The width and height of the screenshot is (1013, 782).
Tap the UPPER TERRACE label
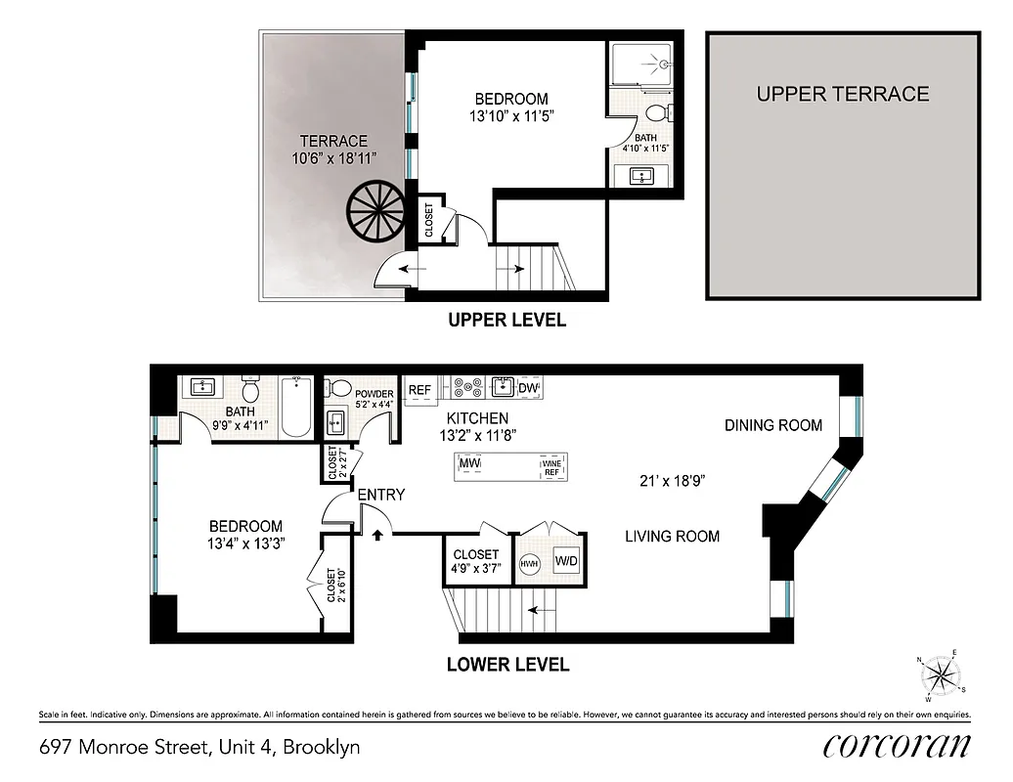click(x=842, y=94)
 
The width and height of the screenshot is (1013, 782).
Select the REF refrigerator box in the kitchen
click(x=419, y=389)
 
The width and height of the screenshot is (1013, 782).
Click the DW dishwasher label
click(x=528, y=388)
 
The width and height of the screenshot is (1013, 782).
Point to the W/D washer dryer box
click(x=566, y=562)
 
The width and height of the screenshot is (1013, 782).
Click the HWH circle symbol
click(x=530, y=563)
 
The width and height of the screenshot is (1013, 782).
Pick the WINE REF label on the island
click(x=552, y=466)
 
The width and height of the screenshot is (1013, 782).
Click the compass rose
click(x=940, y=675)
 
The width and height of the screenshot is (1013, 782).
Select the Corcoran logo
click(x=897, y=747)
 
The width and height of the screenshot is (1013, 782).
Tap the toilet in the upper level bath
click(x=655, y=109)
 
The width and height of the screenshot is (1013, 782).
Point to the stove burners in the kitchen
click(x=467, y=388)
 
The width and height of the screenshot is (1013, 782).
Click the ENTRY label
click(x=380, y=496)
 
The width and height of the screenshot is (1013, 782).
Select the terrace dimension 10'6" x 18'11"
click(x=332, y=157)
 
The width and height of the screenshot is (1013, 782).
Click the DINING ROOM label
click(x=772, y=425)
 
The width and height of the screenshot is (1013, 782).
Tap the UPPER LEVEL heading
click(x=506, y=320)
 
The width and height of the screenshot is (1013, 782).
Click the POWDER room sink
click(x=337, y=421)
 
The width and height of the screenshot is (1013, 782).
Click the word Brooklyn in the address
click(x=324, y=748)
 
